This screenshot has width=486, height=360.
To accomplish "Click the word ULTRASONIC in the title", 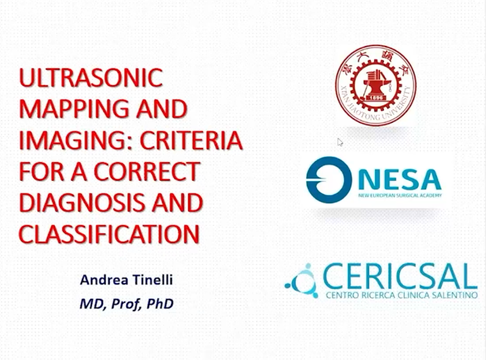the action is [91, 77].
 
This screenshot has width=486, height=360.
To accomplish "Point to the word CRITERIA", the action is [191, 140].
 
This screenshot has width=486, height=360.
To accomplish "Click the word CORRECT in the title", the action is [147, 171].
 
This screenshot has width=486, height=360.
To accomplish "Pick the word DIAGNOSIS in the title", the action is [82, 203].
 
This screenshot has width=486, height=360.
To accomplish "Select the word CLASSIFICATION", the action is [109, 234].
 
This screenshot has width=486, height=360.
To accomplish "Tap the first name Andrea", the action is [104, 280].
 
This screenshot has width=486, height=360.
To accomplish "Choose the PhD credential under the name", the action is [160, 304].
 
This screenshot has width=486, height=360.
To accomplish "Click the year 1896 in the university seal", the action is [376, 98].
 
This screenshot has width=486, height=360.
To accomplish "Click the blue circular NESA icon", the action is [329, 180].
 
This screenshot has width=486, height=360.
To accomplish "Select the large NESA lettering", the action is [400, 179].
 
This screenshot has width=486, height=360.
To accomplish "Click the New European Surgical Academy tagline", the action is [400, 195].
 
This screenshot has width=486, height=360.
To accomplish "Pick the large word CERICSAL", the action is [400, 276].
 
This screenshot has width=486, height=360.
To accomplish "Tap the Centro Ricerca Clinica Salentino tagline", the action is [402, 295].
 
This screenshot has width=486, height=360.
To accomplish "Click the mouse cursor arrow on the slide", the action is [340, 142].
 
